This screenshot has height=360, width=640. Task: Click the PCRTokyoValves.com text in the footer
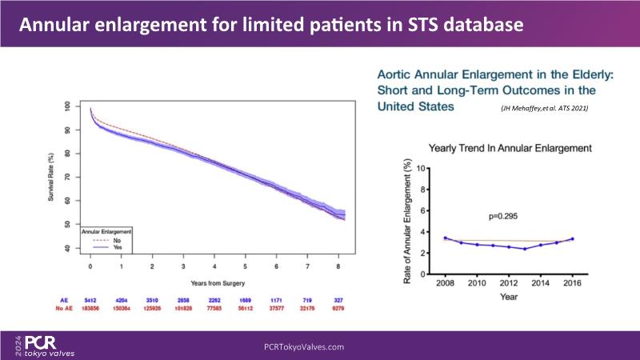tap(304, 346)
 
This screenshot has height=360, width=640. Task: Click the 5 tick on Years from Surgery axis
tap(246, 266)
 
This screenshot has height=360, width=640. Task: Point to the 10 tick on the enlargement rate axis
tap(431, 170)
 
